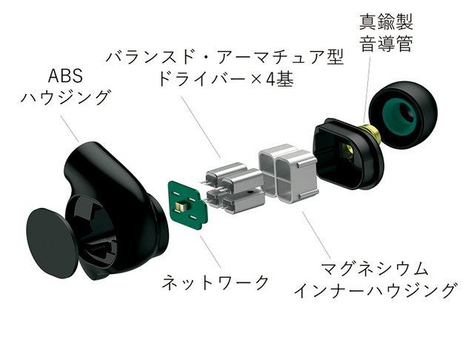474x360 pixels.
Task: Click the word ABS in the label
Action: point(64,77)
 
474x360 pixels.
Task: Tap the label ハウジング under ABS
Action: point(65,98)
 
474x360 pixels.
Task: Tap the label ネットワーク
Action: point(216,282)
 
